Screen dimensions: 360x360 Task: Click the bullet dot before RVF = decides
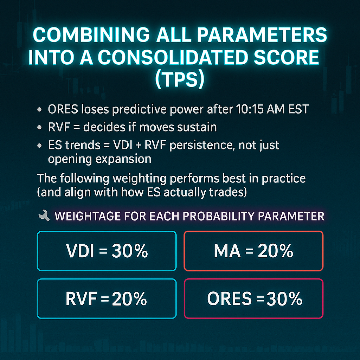pyautogui.click(x=39, y=127)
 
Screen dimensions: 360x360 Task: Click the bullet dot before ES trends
pyautogui.click(x=39, y=146)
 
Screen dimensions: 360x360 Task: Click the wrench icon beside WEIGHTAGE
pyautogui.click(x=44, y=216)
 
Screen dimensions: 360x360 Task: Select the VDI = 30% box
pyautogui.click(x=107, y=251)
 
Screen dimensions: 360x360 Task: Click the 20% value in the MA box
pyautogui.click(x=276, y=251)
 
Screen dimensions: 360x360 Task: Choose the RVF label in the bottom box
pyautogui.click(x=81, y=299)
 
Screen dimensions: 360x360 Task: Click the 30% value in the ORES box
pyautogui.click(x=284, y=299)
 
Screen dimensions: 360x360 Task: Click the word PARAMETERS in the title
pyautogui.click(x=262, y=35)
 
